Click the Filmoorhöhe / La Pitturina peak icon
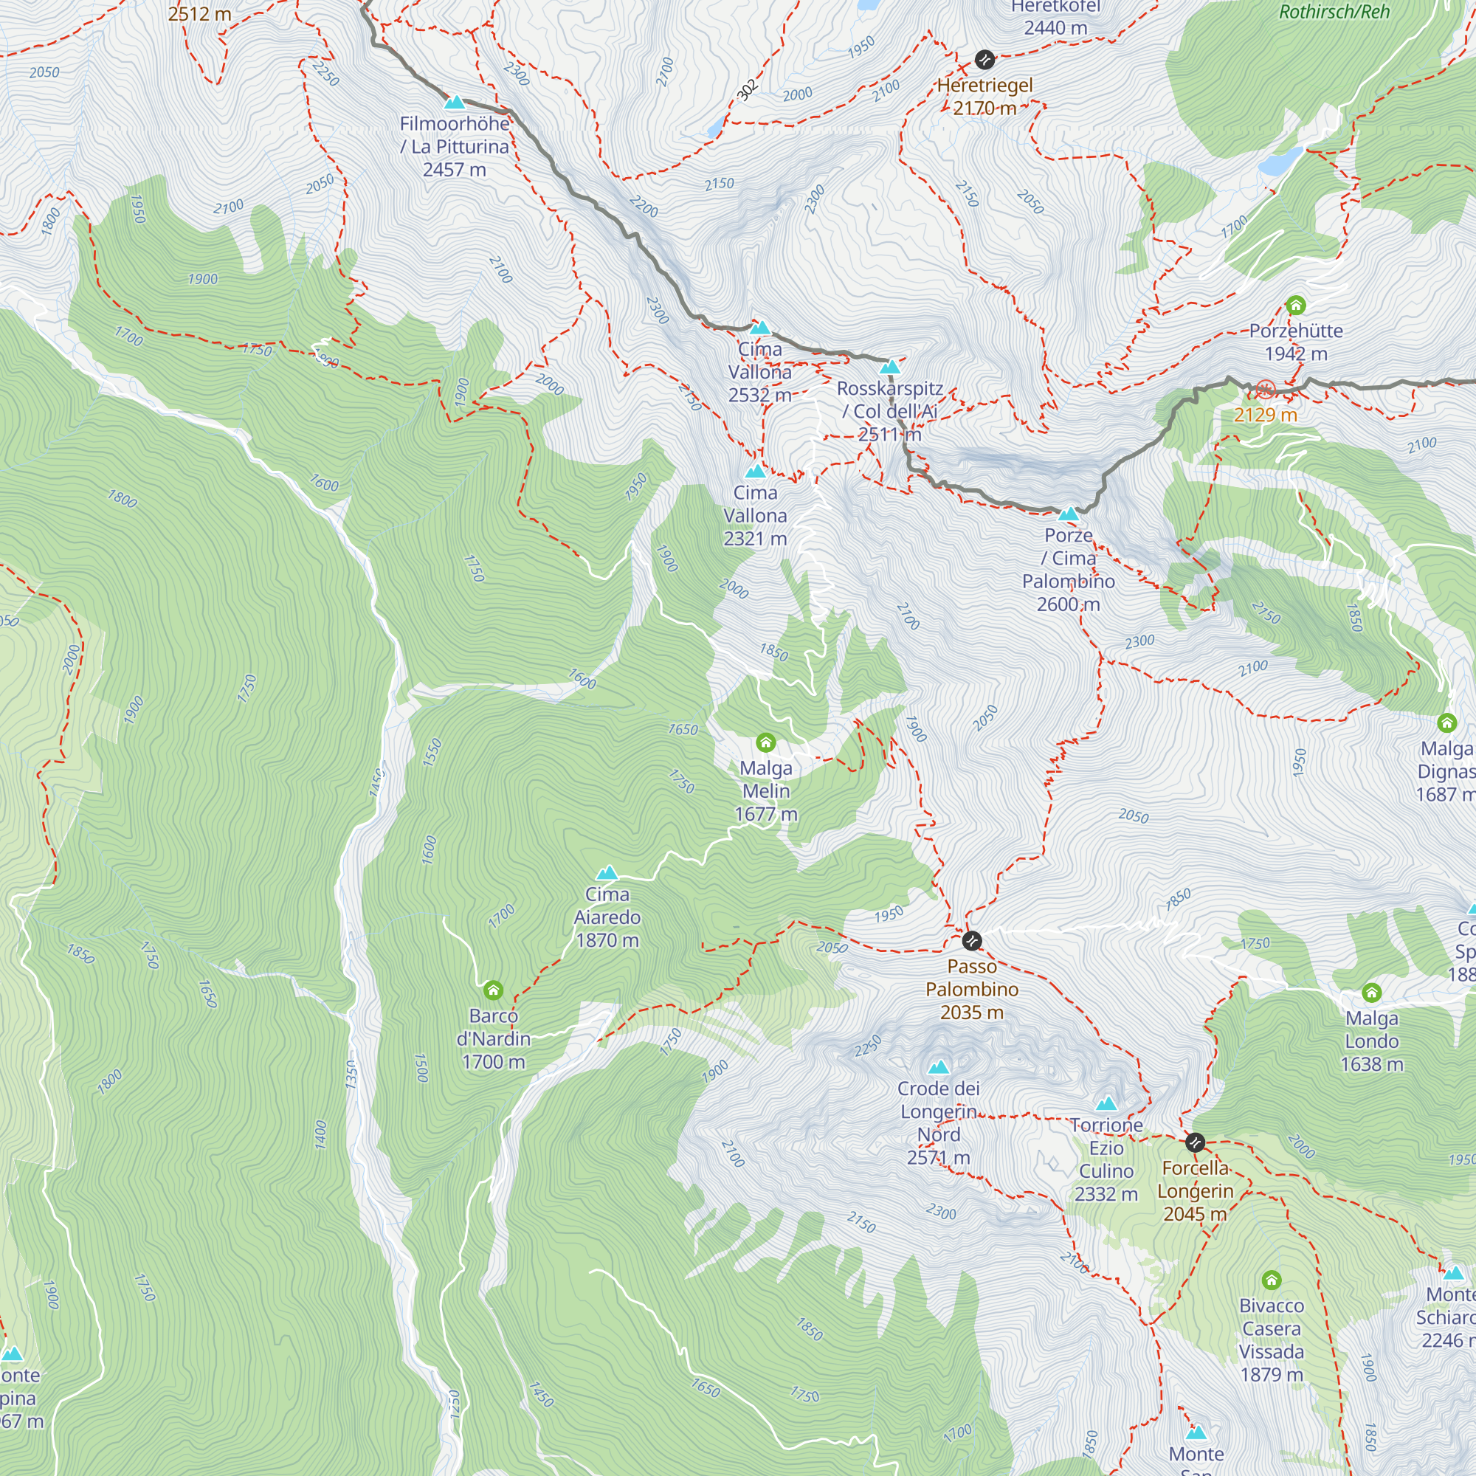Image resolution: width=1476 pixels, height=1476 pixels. point(455,103)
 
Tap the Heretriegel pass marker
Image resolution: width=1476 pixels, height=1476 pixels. point(985,59)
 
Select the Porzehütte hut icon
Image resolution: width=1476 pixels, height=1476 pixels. point(1296,306)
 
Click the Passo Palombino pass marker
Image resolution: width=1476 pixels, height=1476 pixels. point(972,939)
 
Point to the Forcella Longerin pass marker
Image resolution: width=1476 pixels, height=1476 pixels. point(1196,1143)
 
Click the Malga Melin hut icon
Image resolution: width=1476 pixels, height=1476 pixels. point(765,742)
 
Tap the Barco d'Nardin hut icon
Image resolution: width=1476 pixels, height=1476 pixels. point(494,990)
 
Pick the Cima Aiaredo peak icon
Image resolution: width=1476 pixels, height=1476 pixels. point(607,872)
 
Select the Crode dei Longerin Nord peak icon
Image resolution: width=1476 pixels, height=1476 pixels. point(939,1066)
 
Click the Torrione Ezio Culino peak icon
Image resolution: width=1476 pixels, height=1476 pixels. point(1106,1103)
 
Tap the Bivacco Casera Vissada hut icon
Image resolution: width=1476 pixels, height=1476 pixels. point(1272,1279)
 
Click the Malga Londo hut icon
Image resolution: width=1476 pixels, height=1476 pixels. point(1372,993)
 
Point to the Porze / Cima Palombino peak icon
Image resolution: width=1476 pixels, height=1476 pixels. point(1068,514)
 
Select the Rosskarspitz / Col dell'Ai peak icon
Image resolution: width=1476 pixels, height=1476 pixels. point(890,367)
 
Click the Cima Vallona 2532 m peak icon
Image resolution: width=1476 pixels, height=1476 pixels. point(759,328)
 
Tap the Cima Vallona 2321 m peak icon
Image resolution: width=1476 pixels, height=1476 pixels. point(755,472)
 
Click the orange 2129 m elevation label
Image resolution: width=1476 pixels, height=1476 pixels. point(1265,415)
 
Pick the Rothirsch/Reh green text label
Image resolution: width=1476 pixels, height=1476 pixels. point(1334,12)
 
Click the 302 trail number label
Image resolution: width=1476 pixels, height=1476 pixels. point(747,89)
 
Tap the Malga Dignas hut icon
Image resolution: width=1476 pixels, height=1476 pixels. point(1447,722)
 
